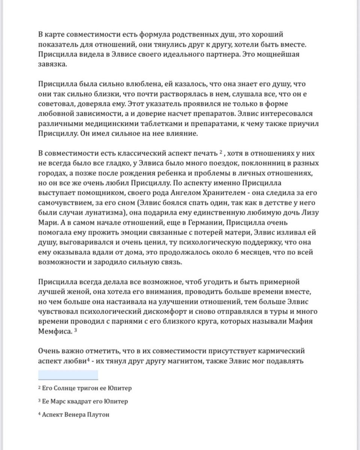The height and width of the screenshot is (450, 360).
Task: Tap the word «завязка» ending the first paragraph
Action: coord(52,64)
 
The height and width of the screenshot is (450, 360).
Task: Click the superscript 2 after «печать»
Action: coord(221,151)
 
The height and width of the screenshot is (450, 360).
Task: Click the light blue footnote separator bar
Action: coord(68,375)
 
